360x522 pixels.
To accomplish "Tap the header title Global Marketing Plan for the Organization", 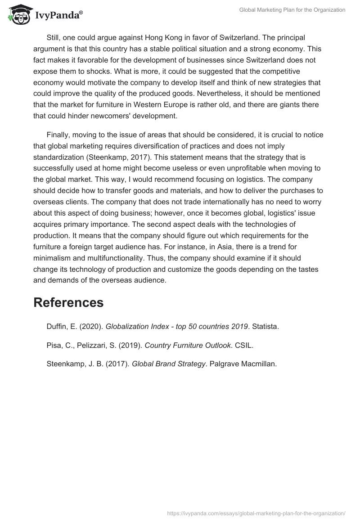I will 292,10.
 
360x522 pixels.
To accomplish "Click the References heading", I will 68,302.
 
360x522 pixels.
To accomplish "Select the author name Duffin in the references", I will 58,327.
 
